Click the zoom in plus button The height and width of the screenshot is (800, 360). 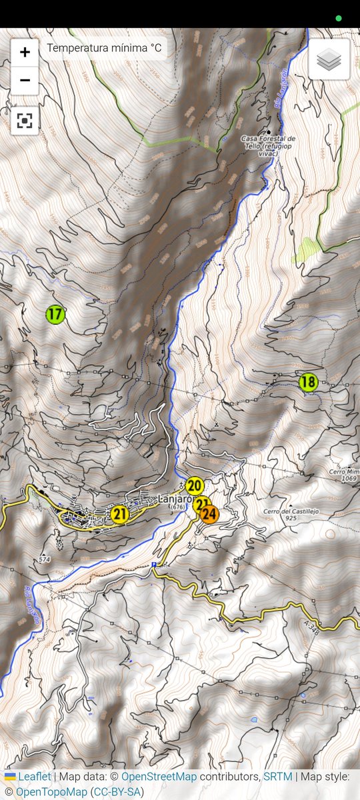(25, 52)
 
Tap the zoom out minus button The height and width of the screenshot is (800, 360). (25, 81)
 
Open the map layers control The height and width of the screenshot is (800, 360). (329, 60)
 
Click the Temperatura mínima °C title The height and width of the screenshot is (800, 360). (104, 48)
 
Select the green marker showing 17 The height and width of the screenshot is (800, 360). (55, 313)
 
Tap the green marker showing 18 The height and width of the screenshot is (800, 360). (308, 382)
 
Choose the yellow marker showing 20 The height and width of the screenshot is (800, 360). (195, 485)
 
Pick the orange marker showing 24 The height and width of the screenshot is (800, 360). (209, 515)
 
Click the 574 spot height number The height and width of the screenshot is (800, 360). (45, 558)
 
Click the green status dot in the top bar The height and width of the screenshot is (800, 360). (339, 18)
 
